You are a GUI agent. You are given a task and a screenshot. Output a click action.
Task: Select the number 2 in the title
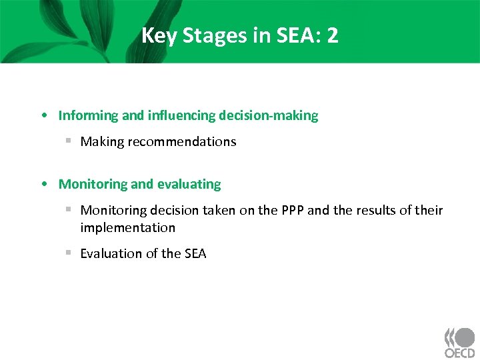pos(332,35)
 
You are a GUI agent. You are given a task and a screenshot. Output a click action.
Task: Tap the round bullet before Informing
pos(43,116)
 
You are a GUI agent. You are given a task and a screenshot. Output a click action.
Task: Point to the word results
pos(377,211)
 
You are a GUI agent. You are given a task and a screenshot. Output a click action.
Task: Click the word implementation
pos(127,228)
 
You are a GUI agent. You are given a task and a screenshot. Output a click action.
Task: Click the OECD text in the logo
pos(460,352)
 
